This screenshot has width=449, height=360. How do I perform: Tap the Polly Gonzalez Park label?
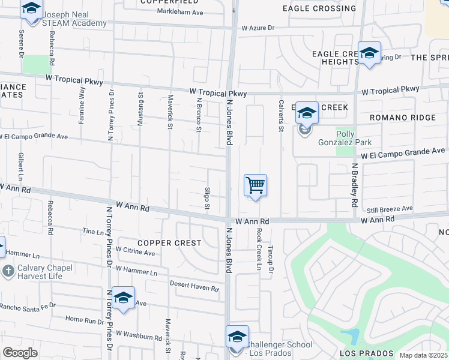pos(354,138)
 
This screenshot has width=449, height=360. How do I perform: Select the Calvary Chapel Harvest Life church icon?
pos(8,271)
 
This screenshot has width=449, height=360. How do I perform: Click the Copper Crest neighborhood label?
pos(160,243)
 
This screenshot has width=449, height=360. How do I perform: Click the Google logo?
pos(20,353)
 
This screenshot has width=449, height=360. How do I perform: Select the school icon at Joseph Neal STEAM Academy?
pos(31,9)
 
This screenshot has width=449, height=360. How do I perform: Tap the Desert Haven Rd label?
pos(194,286)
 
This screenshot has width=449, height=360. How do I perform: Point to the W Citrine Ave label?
pos(136,251)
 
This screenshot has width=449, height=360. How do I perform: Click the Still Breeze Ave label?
pos(390,209)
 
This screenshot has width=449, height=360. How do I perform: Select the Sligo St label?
pos(207,197)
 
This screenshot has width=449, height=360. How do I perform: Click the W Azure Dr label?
pos(258,28)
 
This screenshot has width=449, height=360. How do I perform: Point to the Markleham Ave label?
pos(180,12)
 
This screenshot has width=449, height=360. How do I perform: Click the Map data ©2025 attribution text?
pos(423,355)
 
